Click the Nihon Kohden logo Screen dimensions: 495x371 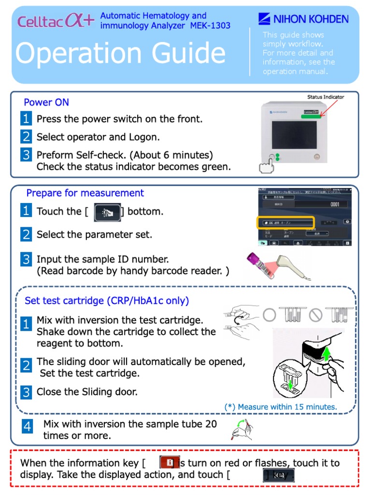303,19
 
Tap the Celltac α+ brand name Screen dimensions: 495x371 56,21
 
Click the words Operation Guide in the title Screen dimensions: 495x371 120,53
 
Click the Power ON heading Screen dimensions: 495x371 46,102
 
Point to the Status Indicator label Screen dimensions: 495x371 326,97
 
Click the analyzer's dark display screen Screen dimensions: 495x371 294,134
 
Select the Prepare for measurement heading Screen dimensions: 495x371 85,193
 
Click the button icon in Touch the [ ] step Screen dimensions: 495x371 107,212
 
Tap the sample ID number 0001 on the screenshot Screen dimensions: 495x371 334,204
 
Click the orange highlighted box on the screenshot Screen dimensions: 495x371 285,222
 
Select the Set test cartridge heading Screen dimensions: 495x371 107,301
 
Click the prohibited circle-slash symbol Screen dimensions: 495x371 315,315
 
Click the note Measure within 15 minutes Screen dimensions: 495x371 281,407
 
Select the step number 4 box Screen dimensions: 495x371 28,426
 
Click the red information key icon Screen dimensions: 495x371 170,463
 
